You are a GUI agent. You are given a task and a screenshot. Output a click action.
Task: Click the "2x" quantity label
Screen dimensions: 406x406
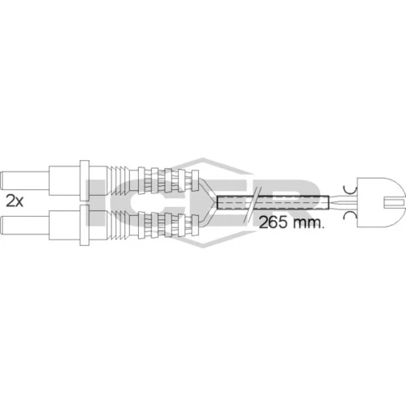[15, 201]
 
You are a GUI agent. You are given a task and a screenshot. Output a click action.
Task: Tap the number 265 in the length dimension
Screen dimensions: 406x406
[273, 222]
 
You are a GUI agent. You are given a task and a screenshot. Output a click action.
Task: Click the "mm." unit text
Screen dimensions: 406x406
[308, 223]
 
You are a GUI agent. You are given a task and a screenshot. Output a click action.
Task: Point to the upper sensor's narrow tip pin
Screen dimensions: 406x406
[24, 180]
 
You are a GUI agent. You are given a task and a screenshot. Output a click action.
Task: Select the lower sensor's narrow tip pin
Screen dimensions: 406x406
[24, 226]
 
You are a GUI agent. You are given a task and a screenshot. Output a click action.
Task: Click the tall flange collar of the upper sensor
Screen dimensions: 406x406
[84, 180]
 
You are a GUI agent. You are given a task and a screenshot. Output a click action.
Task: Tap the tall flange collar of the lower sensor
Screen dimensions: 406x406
[84, 225]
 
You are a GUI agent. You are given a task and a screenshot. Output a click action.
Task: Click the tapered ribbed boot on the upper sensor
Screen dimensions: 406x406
[119, 180]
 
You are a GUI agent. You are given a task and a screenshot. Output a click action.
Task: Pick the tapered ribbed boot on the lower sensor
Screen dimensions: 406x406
[119, 225]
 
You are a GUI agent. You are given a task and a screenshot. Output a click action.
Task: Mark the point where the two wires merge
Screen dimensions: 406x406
[217, 202]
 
